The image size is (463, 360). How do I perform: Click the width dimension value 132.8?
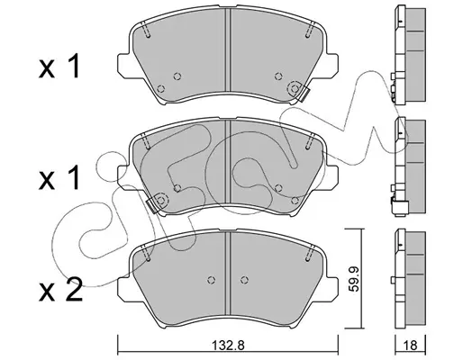coord(229,345)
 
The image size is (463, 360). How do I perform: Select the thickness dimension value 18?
coord(411,345)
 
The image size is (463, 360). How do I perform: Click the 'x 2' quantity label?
coord(60,290)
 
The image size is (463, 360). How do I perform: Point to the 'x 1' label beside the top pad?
coord(59,67)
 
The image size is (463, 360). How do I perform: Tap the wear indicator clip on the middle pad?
coord(152,206)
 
